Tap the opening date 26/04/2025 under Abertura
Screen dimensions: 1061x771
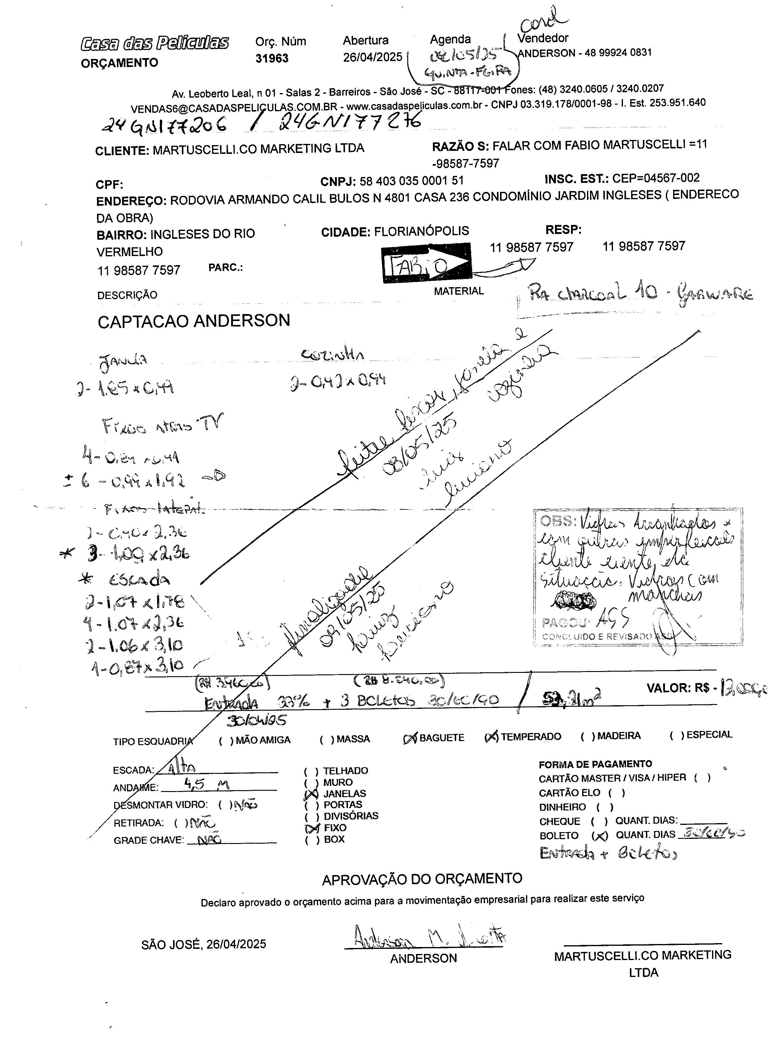[x=372, y=57]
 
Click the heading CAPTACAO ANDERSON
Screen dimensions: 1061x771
[x=194, y=321]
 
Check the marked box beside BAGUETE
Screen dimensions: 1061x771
[x=410, y=738]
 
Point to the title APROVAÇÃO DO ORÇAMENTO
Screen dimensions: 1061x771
[x=422, y=878]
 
